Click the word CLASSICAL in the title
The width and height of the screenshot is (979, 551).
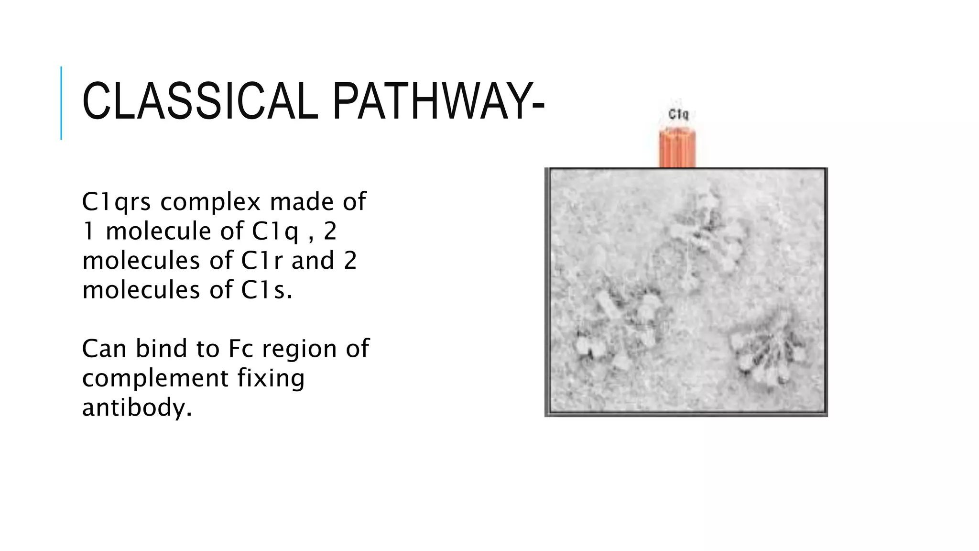pos(200,102)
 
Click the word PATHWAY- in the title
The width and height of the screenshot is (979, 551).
pos(438,102)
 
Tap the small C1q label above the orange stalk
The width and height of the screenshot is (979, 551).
pos(678,115)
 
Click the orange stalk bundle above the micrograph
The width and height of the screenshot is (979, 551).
pos(677,148)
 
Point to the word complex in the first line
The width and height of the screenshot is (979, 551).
pos(210,202)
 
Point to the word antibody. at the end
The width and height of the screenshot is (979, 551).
pos(137,408)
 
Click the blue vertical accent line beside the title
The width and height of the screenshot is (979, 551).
pos(61,103)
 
